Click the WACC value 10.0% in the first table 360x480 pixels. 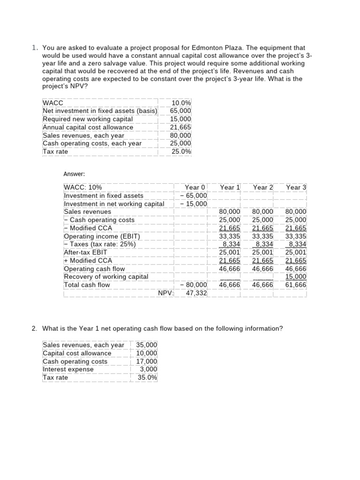click(x=181, y=103)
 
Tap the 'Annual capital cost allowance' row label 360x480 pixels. click(x=88, y=127)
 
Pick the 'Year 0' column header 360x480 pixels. click(x=195, y=187)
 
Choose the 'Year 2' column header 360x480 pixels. click(x=262, y=187)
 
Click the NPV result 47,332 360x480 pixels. click(x=196, y=293)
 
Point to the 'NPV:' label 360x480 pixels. click(x=166, y=293)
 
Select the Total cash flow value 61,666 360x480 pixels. click(x=296, y=285)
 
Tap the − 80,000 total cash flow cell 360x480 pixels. click(x=194, y=285)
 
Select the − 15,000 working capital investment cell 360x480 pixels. click(x=194, y=204)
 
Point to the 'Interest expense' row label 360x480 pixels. click(x=68, y=369)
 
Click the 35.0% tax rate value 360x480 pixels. click(x=148, y=377)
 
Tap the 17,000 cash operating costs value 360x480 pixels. click(x=147, y=361)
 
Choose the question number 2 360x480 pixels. click(x=34, y=329)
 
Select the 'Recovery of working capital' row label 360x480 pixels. click(x=106, y=277)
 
